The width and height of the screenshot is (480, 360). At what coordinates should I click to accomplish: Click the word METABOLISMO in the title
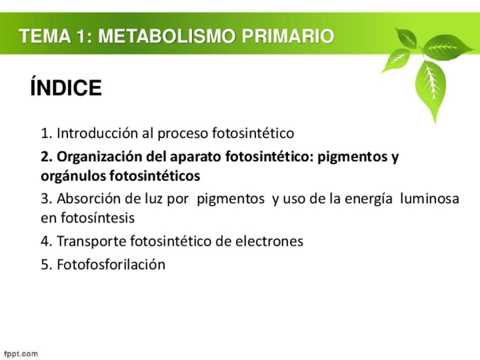[167, 36]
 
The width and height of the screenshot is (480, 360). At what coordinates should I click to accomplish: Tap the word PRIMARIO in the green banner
[288, 36]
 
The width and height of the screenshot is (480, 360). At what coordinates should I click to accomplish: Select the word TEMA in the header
[45, 36]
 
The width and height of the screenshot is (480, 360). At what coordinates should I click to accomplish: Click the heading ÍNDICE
[66, 87]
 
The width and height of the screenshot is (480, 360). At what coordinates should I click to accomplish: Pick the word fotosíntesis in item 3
[97, 218]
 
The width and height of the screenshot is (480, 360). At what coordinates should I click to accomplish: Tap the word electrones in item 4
[269, 241]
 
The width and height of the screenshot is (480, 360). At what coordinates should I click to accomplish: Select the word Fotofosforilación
[111, 264]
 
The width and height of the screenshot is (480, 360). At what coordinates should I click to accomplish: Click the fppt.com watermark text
[21, 354]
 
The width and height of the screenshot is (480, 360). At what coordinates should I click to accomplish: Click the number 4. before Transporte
[46, 241]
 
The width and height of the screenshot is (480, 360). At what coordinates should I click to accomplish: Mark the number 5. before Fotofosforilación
[46, 264]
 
